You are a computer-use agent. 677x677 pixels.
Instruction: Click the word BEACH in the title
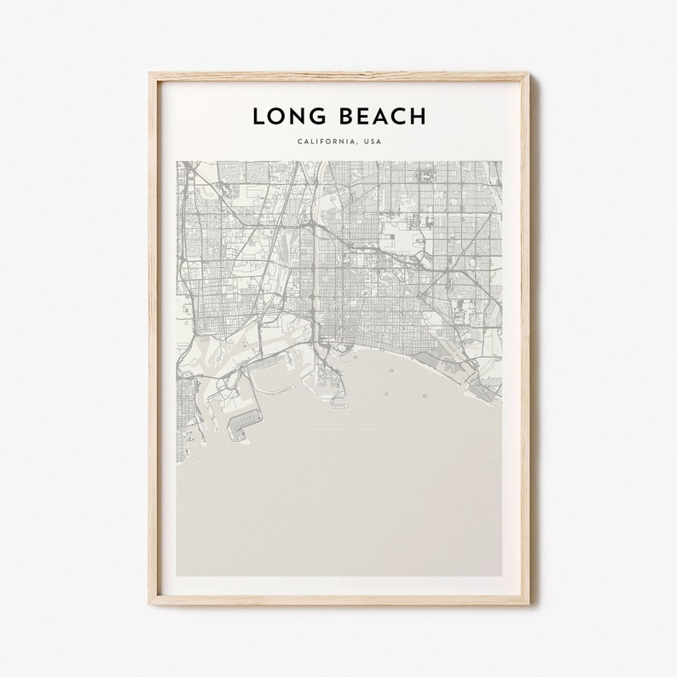click(x=377, y=116)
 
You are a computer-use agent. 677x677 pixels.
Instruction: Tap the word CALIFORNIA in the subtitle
click(x=326, y=142)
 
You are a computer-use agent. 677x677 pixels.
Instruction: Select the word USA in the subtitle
click(x=373, y=142)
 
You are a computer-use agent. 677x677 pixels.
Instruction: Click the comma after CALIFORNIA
click(x=357, y=144)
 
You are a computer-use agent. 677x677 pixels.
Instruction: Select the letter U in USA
click(x=366, y=142)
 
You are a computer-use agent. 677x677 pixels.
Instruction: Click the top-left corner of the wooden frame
click(x=149, y=74)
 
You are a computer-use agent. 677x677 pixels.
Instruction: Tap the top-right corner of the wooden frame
click(x=529, y=74)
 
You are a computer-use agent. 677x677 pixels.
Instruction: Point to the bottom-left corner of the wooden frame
click(x=149, y=604)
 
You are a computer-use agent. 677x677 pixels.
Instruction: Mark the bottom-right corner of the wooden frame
click(x=529, y=604)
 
